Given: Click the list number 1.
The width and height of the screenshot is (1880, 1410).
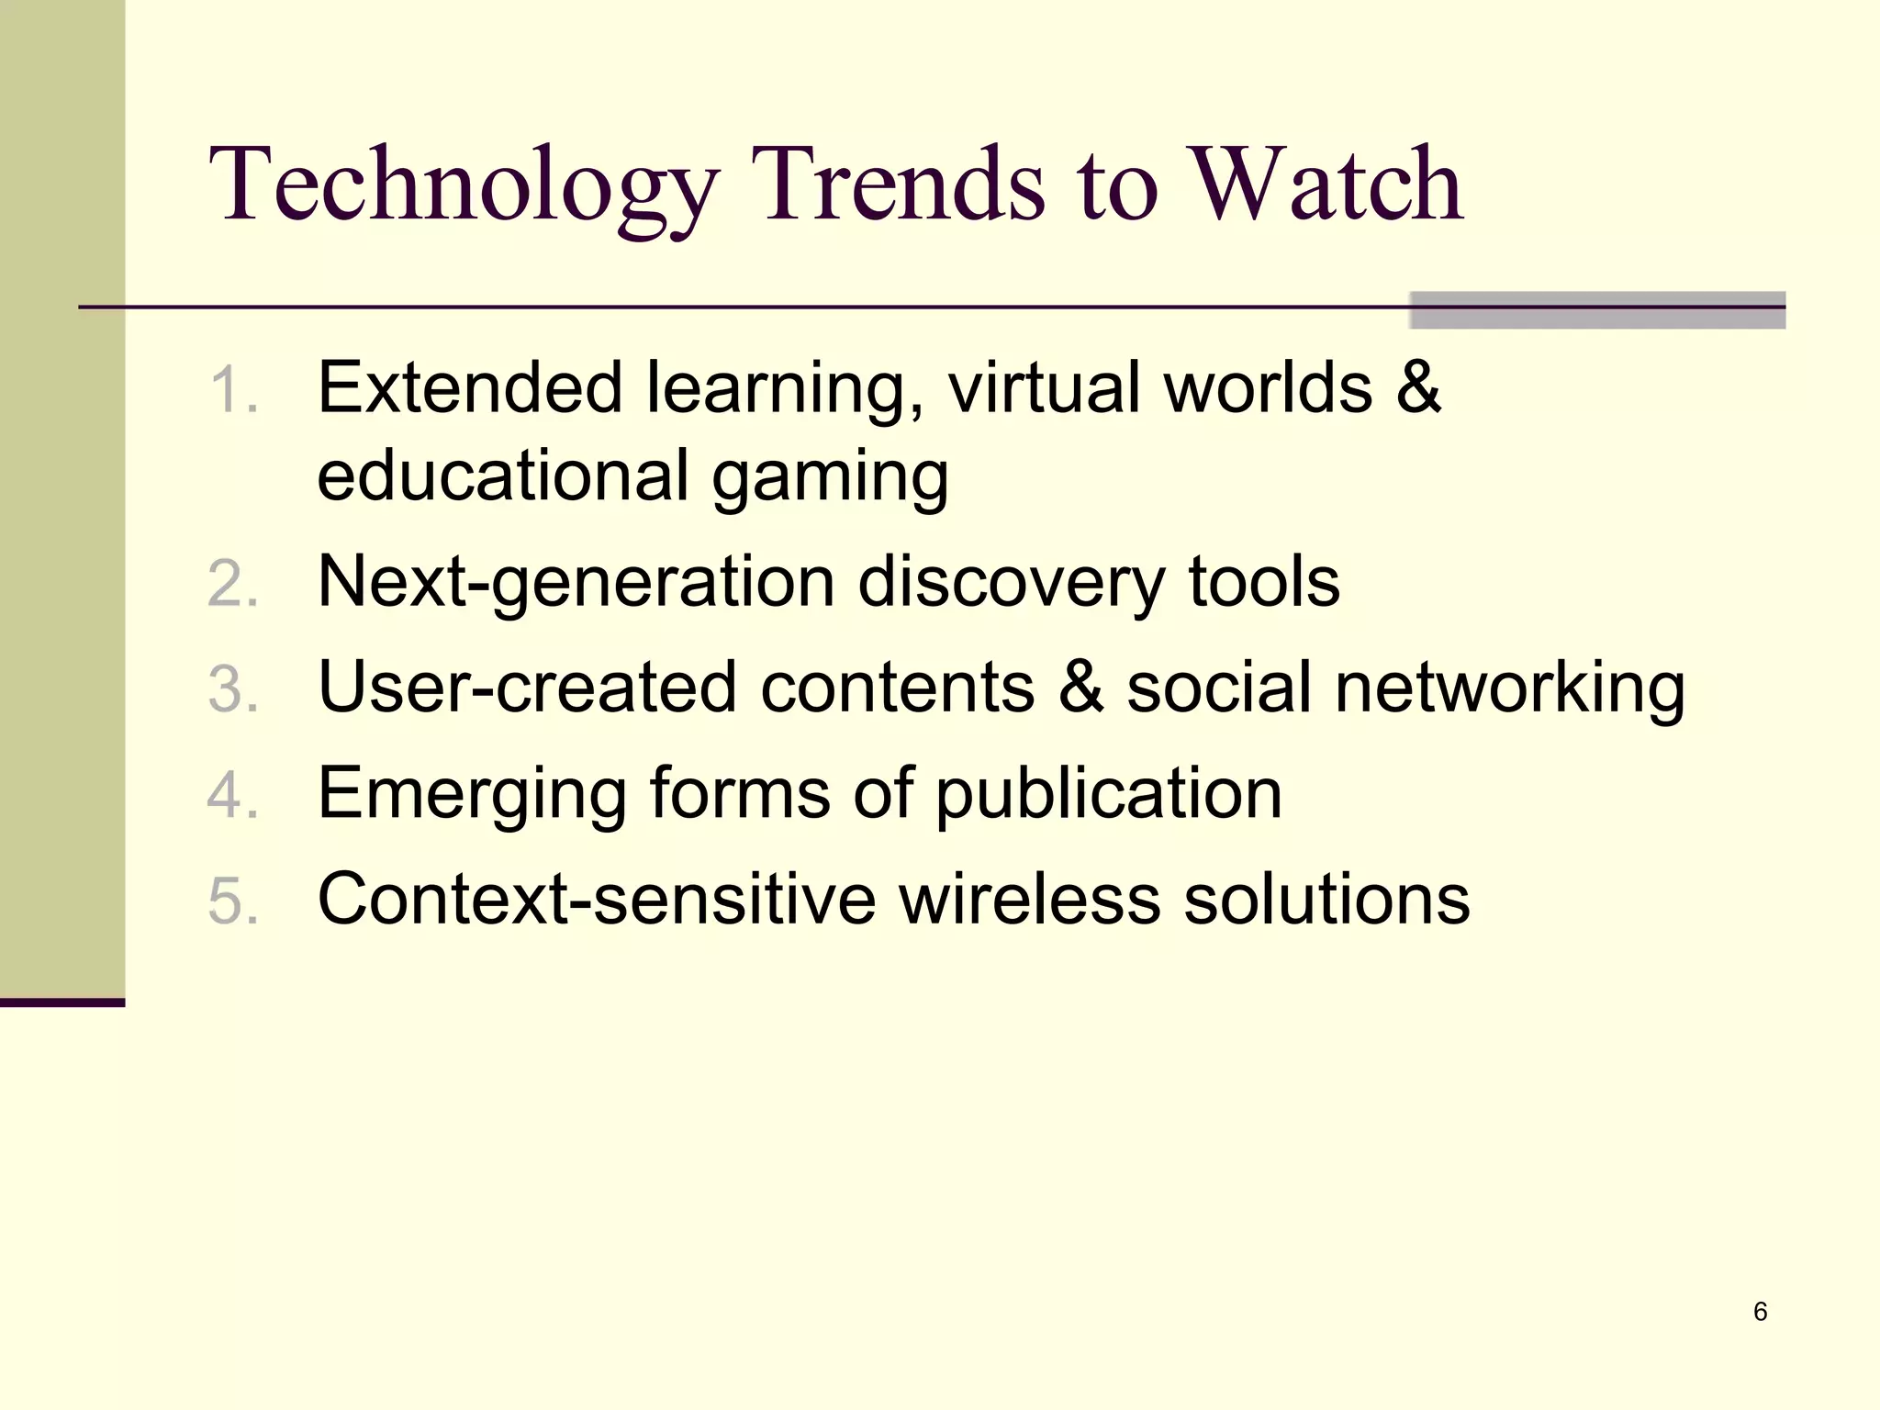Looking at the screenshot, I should click(x=233, y=390).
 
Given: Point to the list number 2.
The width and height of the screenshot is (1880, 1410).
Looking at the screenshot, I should click(x=233, y=584).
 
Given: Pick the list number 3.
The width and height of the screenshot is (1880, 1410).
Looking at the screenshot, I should click(x=233, y=689).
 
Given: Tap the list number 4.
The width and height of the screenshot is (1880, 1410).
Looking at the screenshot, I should click(x=233, y=795).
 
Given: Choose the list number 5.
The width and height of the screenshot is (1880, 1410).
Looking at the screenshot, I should click(x=233, y=901).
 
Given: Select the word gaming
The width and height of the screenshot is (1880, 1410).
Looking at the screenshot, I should click(x=830, y=477).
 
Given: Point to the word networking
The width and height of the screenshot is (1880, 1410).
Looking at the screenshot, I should click(x=1510, y=689).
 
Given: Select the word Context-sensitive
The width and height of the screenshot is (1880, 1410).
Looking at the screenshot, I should click(x=597, y=899).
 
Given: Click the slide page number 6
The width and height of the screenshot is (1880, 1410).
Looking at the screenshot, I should click(x=1760, y=1312).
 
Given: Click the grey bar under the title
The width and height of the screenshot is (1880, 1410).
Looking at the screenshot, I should click(x=1597, y=310).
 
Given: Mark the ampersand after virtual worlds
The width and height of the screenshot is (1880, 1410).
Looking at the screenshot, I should click(x=1418, y=387).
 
